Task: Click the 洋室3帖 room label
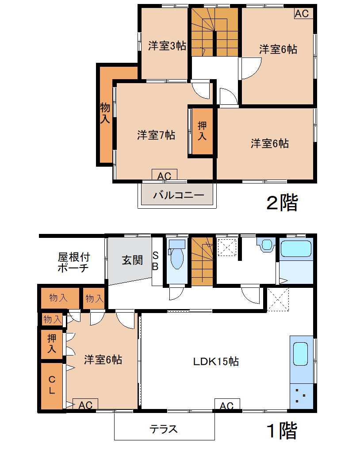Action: point(167,46)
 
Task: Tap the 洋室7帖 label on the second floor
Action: point(156,135)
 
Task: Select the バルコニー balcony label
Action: point(178,195)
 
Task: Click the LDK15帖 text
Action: point(216,361)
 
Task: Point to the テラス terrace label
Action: point(164,429)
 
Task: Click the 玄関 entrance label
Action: point(132,260)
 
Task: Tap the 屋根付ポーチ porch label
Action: point(74,262)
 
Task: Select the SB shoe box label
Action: point(155,260)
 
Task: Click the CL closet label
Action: point(52,385)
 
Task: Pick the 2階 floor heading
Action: point(282,203)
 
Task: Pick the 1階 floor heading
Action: point(282,431)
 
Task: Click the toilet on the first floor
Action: point(177,254)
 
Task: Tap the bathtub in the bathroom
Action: point(295,248)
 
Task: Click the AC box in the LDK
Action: point(227,405)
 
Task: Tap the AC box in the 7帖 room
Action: point(165,175)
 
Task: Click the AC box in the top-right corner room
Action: point(302,13)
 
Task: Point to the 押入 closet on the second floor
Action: point(202,131)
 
